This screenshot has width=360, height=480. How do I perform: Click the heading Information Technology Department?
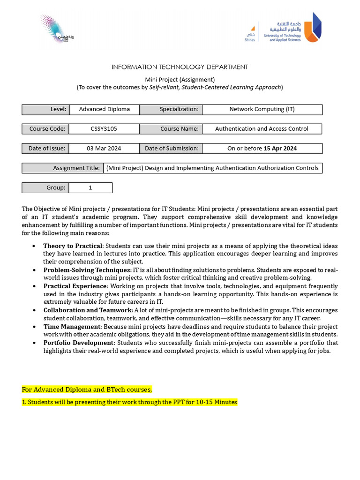[x=180, y=67]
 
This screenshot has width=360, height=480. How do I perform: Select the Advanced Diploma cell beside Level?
[x=104, y=109]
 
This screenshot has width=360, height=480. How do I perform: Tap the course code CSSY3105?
[x=104, y=129]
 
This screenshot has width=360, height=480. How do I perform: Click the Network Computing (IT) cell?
[x=262, y=109]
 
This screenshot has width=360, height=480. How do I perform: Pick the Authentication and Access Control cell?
[x=262, y=129]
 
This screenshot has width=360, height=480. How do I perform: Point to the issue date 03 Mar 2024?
[x=104, y=149]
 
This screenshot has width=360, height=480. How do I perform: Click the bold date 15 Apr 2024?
[x=280, y=149]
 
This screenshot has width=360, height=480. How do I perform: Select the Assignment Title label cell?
[x=63, y=168]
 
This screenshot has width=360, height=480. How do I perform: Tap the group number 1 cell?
[x=90, y=187]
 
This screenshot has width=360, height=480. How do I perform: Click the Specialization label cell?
[x=171, y=109]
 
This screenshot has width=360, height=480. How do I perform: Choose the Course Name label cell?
[x=171, y=129]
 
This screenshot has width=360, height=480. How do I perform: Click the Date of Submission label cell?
[x=171, y=149]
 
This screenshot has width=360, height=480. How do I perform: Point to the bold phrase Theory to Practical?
[x=73, y=246]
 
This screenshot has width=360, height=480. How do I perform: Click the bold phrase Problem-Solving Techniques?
[x=87, y=270]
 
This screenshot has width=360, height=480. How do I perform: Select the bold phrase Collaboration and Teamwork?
[x=88, y=310]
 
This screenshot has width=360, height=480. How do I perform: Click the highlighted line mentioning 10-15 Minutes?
[x=130, y=402]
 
